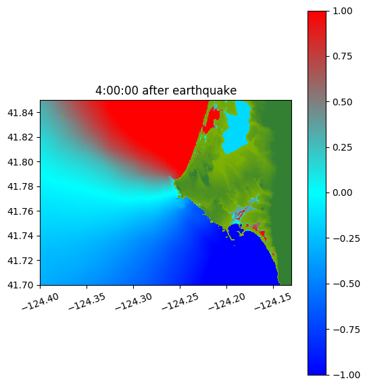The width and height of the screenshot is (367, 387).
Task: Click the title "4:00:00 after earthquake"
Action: click(x=166, y=91)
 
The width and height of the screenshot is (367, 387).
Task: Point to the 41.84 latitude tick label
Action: click(x=20, y=113)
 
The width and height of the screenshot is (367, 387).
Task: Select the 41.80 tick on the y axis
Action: click(x=20, y=162)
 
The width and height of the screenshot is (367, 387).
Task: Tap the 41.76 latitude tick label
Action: click(x=20, y=211)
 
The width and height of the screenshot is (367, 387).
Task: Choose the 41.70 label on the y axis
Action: click(x=20, y=285)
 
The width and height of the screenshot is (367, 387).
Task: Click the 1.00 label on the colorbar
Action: click(x=342, y=11)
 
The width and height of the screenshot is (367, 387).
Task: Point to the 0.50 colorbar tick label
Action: click(x=342, y=102)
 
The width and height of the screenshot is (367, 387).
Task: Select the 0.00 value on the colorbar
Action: click(x=342, y=192)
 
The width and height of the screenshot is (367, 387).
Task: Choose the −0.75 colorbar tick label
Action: click(x=346, y=330)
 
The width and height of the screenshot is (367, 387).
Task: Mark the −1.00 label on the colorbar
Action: click(x=346, y=375)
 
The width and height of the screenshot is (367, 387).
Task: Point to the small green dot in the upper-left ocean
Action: click(x=63, y=115)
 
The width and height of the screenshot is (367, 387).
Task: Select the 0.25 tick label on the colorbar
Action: click(x=342, y=147)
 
